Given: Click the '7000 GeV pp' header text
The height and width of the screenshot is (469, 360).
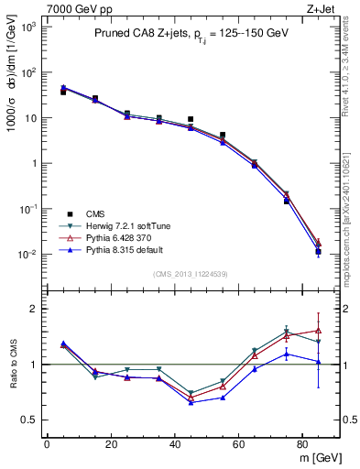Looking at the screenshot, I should pyautogui.click(x=72, y=8).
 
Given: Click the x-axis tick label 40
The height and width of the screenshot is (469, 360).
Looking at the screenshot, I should pyautogui.click(x=174, y=444).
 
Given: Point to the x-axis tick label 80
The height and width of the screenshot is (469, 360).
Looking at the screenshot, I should pyautogui.click(x=302, y=444).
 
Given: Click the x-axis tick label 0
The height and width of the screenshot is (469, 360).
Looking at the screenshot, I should pyautogui.click(x=47, y=444).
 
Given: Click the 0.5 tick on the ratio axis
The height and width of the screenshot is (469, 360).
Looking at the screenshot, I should pyautogui.click(x=33, y=420).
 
